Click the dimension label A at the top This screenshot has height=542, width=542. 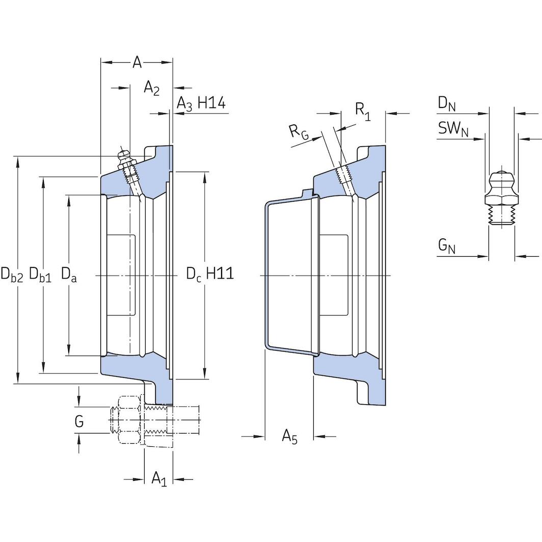(x=137, y=62)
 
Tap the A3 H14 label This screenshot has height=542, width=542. (x=201, y=103)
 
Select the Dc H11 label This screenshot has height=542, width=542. (x=209, y=274)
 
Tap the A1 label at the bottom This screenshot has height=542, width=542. (x=159, y=478)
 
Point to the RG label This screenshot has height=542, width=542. (x=299, y=131)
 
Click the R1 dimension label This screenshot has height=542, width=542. (x=363, y=112)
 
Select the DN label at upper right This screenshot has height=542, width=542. (x=446, y=104)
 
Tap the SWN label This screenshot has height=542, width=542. (x=453, y=129)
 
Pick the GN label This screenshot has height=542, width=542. (x=446, y=247)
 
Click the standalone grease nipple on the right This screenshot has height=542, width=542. (x=501, y=199)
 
